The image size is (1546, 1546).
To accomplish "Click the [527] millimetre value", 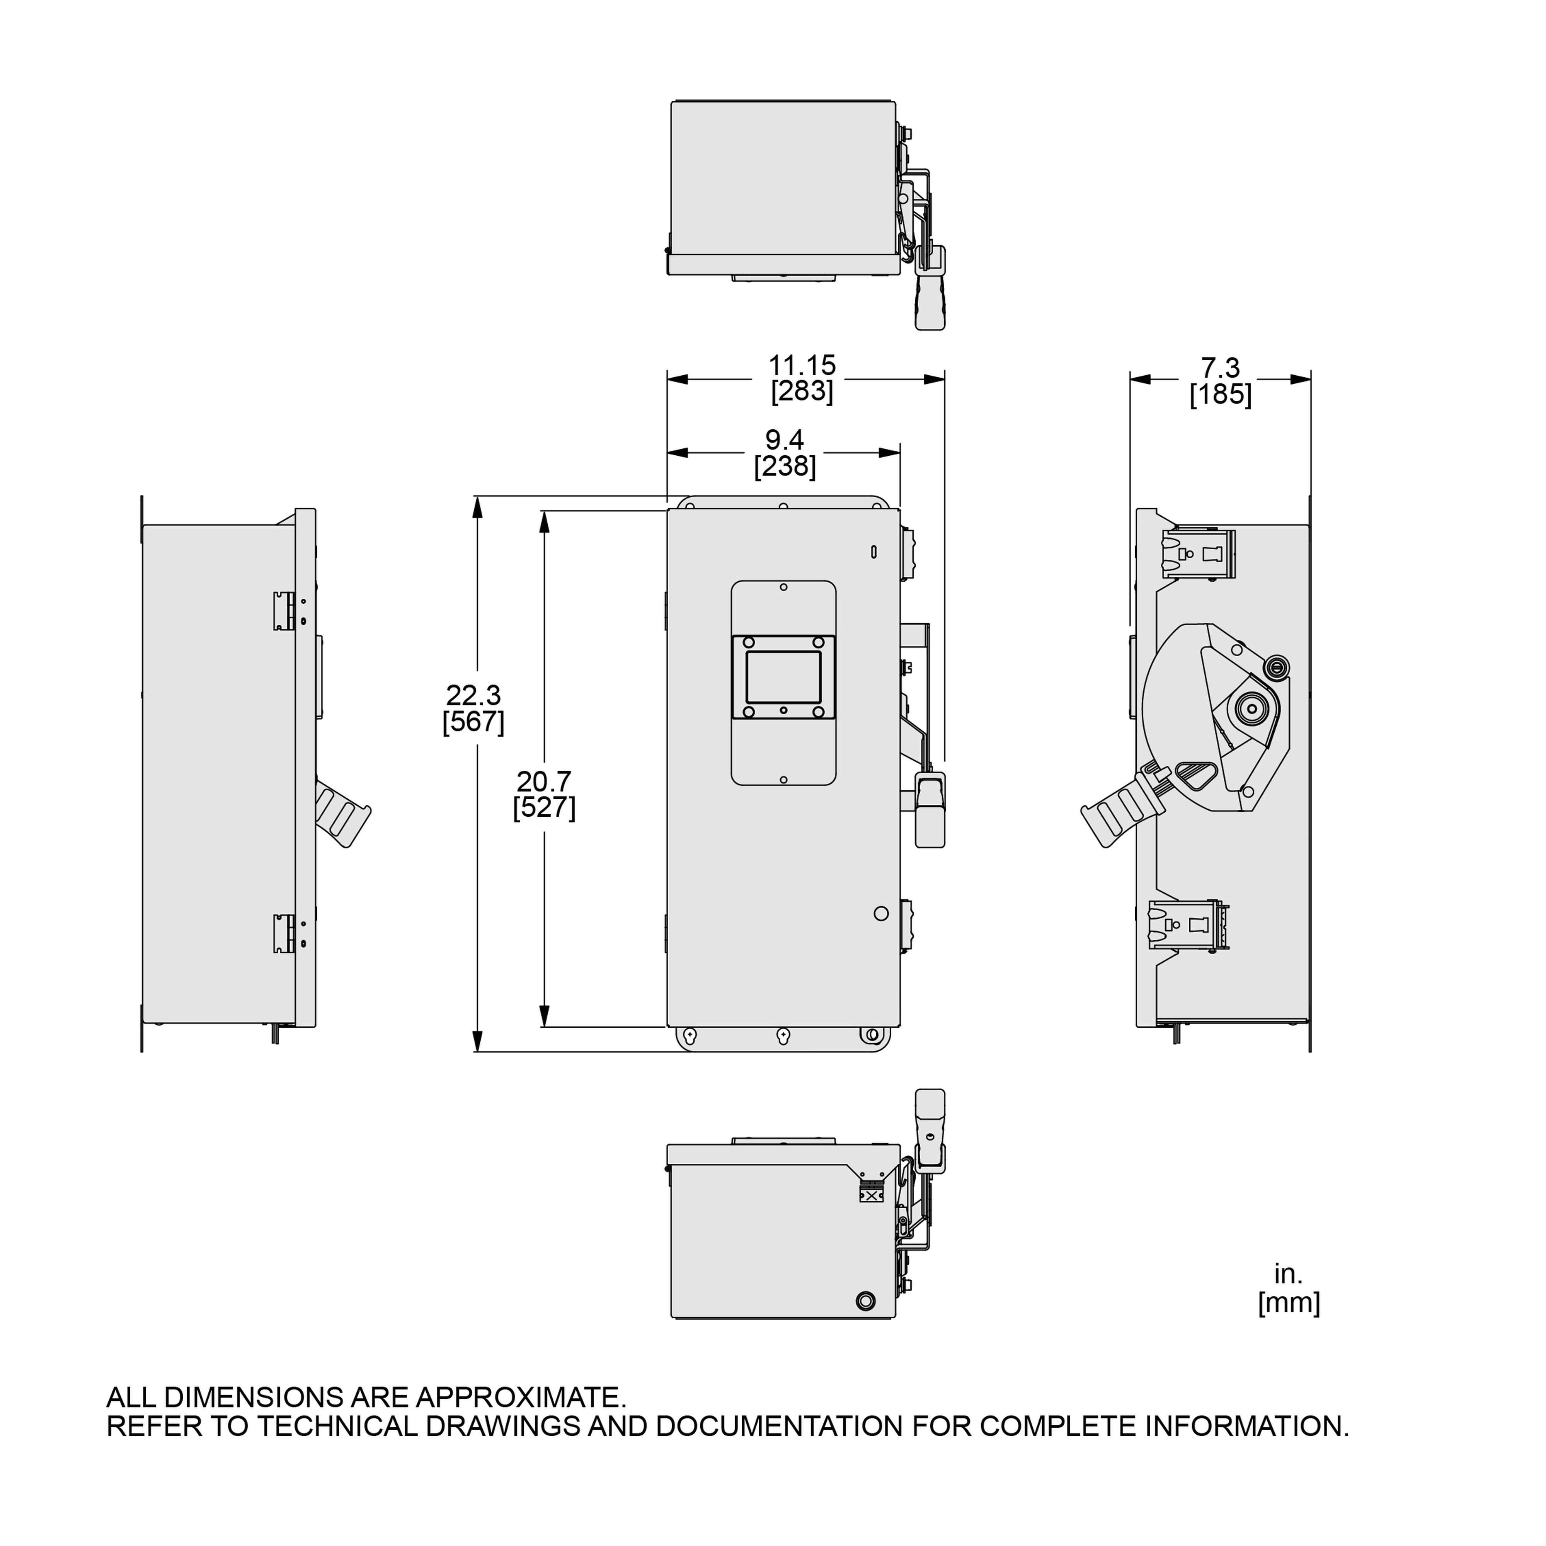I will pyautogui.click(x=544, y=807).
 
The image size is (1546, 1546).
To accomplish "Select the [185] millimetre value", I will pyautogui.click(x=1220, y=395).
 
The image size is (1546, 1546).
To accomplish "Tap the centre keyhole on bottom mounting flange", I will pyautogui.click(x=783, y=1036).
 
